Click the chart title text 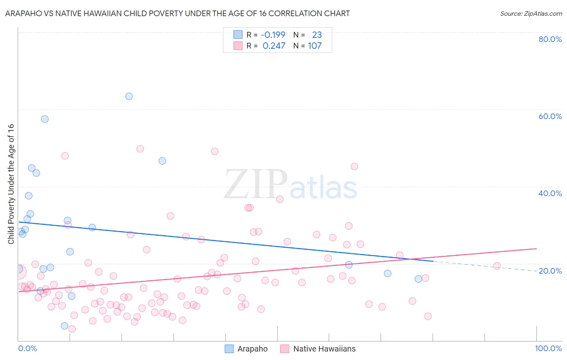177,13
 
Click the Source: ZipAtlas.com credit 531,13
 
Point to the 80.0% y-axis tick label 550,39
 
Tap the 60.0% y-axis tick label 550,116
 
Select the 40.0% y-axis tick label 550,193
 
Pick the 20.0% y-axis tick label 550,270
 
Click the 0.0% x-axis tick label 27,348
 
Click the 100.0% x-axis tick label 548,348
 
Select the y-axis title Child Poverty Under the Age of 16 11,184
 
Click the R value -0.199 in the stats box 273,35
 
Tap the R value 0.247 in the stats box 274,46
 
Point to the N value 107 315,46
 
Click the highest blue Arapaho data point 129,96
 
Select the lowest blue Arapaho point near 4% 65,326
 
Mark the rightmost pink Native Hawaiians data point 497,266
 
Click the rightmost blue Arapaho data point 418,279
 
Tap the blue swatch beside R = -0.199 238,35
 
